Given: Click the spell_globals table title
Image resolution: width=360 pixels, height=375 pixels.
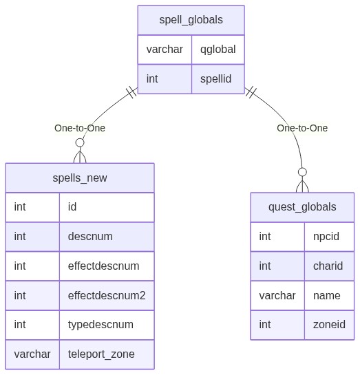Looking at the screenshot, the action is (191, 20).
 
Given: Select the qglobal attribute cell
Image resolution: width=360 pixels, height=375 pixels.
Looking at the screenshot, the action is (218, 50).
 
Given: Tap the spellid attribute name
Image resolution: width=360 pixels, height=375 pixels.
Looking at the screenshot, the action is (215, 79).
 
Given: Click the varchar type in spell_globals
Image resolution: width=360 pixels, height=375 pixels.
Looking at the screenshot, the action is (165, 50).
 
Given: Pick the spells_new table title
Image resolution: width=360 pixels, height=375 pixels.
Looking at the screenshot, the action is (80, 178).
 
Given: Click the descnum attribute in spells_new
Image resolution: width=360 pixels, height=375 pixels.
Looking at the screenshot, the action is (90, 237).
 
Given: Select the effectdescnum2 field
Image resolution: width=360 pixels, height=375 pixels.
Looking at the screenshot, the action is (107, 296).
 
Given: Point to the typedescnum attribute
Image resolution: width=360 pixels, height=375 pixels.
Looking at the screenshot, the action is (100, 325).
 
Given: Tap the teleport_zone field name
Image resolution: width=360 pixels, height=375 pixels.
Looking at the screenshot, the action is (101, 354).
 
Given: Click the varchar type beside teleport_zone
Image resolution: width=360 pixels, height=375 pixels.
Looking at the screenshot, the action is (32, 354).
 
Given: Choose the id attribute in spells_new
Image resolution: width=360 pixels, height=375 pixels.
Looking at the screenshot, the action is (72, 207).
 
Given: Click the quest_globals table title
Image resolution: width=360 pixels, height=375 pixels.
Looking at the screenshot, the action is (302, 207).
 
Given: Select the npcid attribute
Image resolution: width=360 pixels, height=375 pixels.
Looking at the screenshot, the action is (326, 237).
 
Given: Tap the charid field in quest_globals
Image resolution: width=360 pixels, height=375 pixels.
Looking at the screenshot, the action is (328, 266).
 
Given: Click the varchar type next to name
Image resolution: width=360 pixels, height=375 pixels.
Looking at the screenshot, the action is (277, 296).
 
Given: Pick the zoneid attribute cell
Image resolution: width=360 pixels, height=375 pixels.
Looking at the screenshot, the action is (329, 325).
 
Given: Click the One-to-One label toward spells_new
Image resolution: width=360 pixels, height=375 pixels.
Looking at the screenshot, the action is (80, 128).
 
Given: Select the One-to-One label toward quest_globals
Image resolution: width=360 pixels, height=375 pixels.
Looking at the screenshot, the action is (302, 128).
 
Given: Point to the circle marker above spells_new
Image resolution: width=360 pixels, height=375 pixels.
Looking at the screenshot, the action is (80, 142).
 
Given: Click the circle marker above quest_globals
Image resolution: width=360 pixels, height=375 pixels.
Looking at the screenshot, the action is (302, 172).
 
